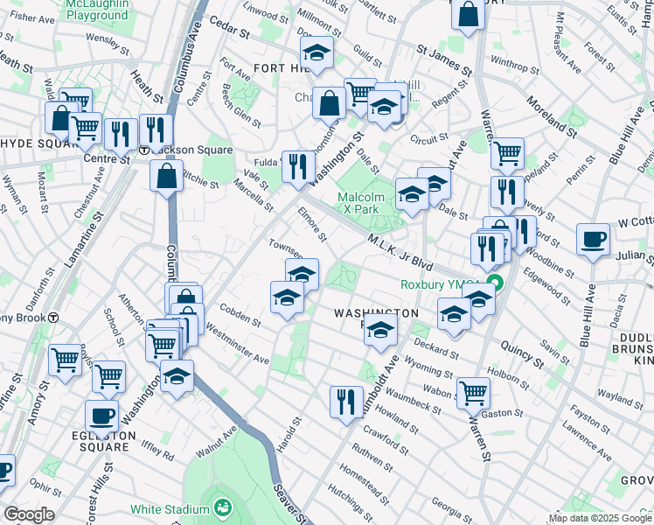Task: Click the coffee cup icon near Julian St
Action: (593, 240)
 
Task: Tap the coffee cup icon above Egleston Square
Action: (101, 416)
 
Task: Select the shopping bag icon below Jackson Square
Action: (166, 176)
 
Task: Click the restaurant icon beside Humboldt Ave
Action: (346, 402)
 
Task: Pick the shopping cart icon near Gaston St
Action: (473, 393)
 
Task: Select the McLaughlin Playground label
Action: (96, 10)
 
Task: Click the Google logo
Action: (29, 514)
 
